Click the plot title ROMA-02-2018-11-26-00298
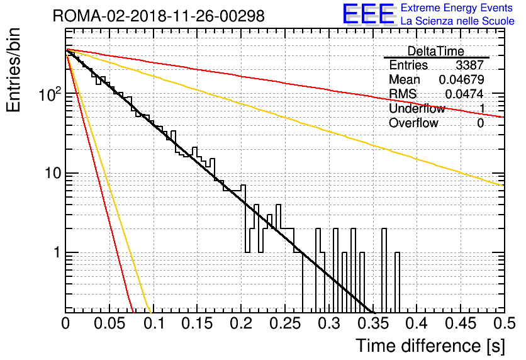click(159, 16)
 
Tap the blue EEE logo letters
click(368, 14)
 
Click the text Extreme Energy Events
click(457, 8)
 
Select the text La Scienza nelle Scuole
click(457, 21)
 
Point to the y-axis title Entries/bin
click(13, 70)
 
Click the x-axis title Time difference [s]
click(430, 346)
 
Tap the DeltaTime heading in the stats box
click(436, 51)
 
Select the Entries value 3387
click(469, 65)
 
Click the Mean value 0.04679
click(462, 79)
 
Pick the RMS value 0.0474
click(464, 94)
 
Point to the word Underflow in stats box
click(417, 108)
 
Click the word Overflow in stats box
click(413, 123)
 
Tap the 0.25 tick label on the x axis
click(286, 323)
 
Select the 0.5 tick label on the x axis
click(504, 323)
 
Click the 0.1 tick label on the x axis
click(154, 323)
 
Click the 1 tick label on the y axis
click(57, 252)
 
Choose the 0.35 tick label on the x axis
click(373, 323)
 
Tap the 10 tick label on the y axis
click(53, 174)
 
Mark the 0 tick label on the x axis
click(65, 323)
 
